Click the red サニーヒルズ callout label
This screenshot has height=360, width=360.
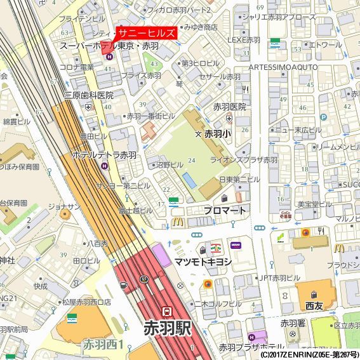point(147,34)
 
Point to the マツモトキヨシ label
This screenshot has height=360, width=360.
point(203,262)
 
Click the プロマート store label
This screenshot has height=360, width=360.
point(225,210)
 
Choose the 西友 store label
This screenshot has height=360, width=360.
point(314,306)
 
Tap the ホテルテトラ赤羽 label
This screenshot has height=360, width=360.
point(104,155)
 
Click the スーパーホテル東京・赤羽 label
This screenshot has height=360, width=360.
point(109,46)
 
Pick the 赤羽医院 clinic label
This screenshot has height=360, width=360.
point(229,107)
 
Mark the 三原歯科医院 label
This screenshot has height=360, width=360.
point(89,95)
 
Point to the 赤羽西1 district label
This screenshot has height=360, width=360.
point(103,345)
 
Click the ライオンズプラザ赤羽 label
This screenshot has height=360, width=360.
point(244,160)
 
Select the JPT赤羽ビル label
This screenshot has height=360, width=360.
point(279,278)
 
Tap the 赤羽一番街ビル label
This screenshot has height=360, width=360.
point(150,116)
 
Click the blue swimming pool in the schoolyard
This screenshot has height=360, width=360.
point(189,180)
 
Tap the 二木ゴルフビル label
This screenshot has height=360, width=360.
point(218,303)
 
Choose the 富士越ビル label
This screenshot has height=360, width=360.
point(135,210)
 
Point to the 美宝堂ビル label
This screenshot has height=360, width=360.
point(315,204)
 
